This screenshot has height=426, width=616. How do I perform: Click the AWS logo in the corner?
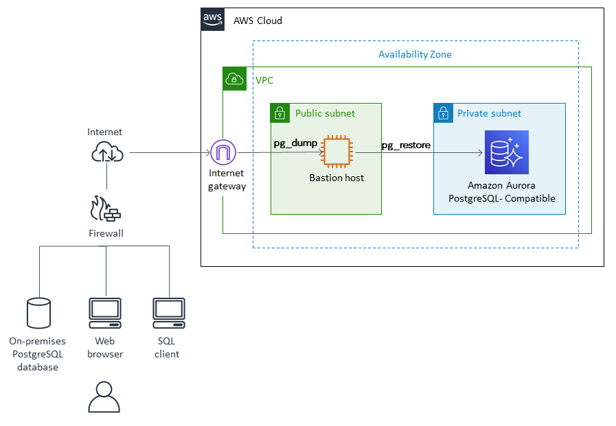tap(212, 20)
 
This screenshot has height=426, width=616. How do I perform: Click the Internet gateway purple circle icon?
tap(223, 152)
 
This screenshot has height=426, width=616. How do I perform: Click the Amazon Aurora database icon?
tap(506, 152)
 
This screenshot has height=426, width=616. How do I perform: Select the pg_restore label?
tap(406, 145)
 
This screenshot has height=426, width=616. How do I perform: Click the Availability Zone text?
tap(415, 54)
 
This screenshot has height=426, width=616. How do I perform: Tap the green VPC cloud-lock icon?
tap(234, 79)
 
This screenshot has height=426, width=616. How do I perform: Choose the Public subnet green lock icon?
tap(280, 113)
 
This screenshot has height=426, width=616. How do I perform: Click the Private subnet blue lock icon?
tap(443, 113)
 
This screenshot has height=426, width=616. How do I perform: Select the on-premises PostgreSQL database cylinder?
tap(38, 313)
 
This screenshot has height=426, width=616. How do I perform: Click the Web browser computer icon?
tap(105, 313)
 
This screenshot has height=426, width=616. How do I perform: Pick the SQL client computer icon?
tap(168, 313)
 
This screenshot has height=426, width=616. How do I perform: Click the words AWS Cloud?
tap(258, 21)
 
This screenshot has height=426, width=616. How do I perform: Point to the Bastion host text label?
tap(336, 178)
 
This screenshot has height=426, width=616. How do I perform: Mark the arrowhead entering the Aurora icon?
tap(480, 152)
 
